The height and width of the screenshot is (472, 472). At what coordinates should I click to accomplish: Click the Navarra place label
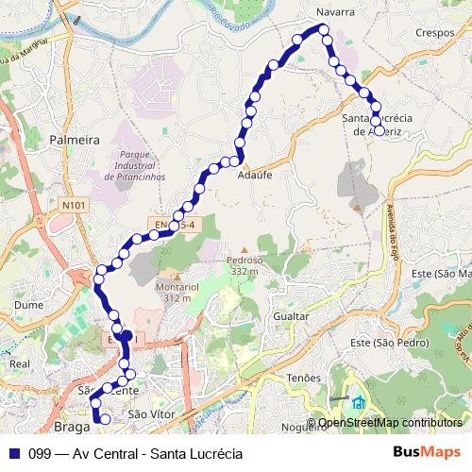coord(335,12)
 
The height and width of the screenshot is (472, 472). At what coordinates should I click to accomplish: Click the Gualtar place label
coord(290,317)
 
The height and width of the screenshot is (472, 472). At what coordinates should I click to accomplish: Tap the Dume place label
coord(28,305)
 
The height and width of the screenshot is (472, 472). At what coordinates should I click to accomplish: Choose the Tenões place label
coord(304,377)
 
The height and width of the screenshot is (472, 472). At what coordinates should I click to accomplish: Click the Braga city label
coord(72,426)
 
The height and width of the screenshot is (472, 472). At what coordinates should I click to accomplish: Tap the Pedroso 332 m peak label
coord(244,265)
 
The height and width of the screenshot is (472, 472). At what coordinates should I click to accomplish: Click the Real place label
coord(19,362)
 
